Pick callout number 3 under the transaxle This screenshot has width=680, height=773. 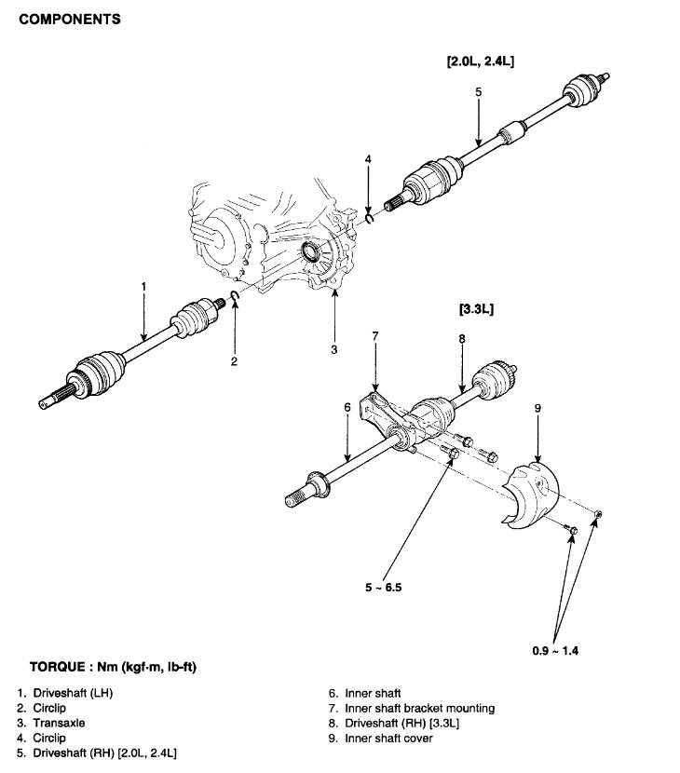(x=333, y=350)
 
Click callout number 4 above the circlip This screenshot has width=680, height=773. (x=369, y=160)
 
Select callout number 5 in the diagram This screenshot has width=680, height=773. (x=477, y=92)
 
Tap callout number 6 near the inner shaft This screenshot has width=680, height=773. (x=346, y=407)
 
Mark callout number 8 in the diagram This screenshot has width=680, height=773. (x=461, y=339)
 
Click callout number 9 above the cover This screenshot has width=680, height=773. (x=537, y=407)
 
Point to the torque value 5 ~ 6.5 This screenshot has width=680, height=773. (x=385, y=588)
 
